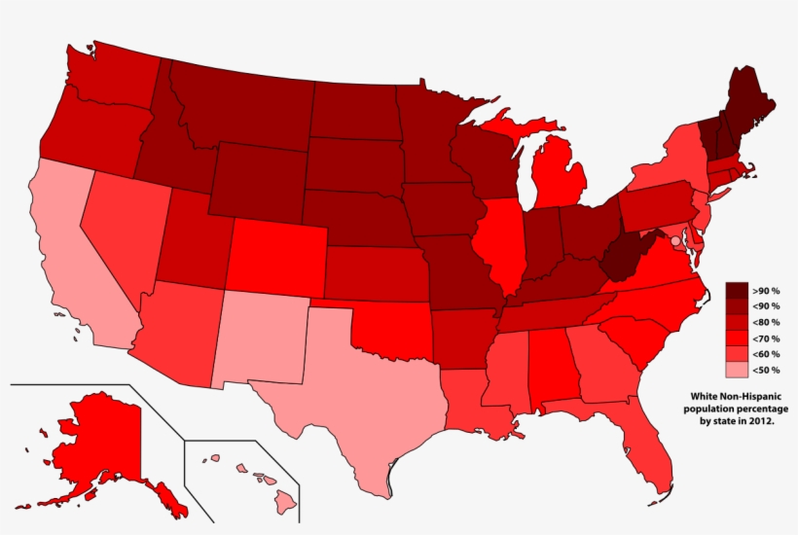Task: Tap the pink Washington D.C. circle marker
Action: [675, 240]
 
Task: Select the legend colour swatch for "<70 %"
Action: [737, 338]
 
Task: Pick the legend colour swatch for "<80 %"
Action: [737, 322]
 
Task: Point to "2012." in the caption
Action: [762, 421]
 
